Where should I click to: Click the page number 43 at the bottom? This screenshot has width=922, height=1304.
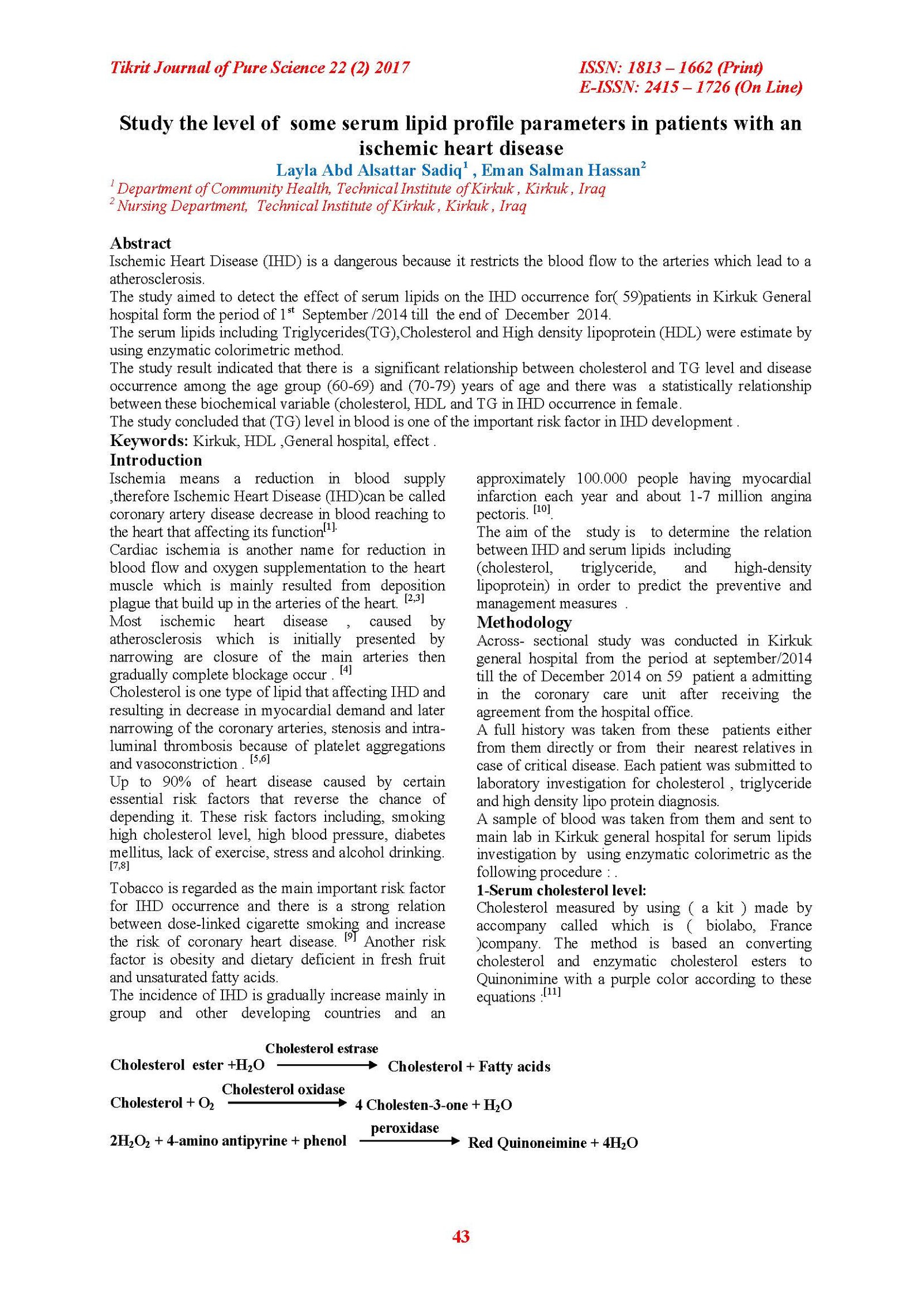460,1236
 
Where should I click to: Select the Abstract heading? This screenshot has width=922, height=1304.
140,243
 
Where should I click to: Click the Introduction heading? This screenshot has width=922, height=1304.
156,460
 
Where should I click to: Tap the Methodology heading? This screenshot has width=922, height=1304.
524,622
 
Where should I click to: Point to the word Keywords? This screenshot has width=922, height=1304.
149,441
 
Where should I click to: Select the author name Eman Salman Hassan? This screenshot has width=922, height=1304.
561,171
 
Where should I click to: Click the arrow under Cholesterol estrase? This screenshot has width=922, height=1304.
327,1065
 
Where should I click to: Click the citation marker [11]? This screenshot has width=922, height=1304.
551,993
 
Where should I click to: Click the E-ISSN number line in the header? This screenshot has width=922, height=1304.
690,87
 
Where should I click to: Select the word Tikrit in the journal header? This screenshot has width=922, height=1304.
130,68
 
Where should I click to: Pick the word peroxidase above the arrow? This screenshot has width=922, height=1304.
405,1128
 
